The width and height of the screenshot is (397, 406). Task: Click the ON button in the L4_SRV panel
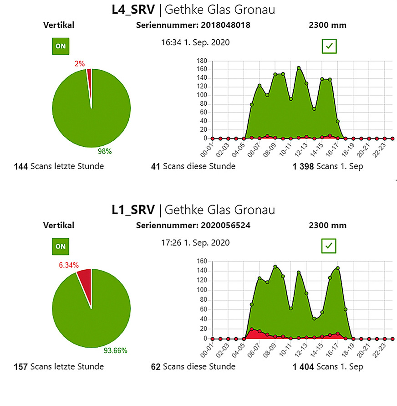tap(61, 46)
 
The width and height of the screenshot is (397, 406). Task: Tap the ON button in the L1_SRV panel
tap(61, 247)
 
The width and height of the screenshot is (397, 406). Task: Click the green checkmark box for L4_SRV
tap(329, 46)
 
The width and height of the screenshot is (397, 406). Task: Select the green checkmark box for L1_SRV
tap(329, 246)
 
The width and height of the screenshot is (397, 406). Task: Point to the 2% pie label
tap(80, 64)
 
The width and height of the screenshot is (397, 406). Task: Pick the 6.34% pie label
tap(68, 265)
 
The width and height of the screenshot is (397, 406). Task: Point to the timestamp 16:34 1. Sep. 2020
tap(196, 43)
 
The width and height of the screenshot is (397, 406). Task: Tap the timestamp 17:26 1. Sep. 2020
tap(196, 243)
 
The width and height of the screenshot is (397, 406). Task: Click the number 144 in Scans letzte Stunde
tap(21, 166)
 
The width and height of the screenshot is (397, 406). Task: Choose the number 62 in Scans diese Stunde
tap(156, 366)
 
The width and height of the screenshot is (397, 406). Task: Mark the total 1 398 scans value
tap(304, 166)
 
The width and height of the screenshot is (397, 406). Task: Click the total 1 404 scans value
tap(304, 366)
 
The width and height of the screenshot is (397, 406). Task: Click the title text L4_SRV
tap(133, 10)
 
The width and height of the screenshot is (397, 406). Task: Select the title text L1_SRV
tap(133, 210)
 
